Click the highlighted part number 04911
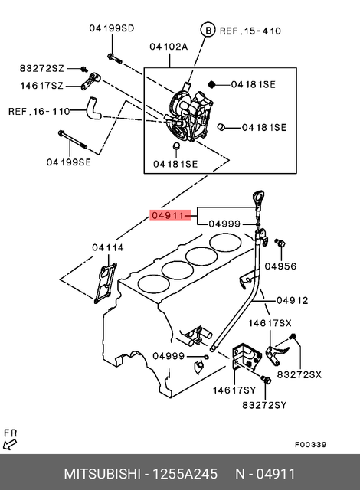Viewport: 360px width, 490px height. tap(167, 216)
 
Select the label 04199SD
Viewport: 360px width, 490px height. tap(111, 28)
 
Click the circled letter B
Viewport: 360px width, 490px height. tap(206, 30)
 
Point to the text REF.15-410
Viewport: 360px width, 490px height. tap(250, 31)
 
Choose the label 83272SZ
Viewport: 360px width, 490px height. tap(41, 69)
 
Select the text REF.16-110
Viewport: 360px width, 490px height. tap(38, 111)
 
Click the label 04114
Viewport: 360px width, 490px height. tap(107, 247)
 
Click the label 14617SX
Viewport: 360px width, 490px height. tap(269, 324)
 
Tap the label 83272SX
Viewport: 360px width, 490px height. tap(299, 374)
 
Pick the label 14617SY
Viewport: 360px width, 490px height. tap(234, 389)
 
